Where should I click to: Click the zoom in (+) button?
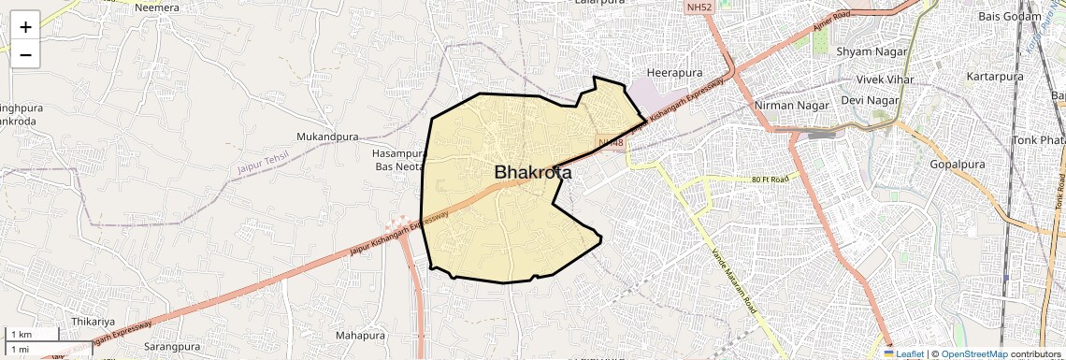[x=25, y=26]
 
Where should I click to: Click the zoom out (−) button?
[x=25, y=55]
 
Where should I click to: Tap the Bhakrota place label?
[x=533, y=172]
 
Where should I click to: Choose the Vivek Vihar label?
[x=877, y=79]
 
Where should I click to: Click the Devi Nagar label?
[x=870, y=100]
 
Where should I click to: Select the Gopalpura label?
[x=959, y=165]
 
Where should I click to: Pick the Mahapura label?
[x=360, y=335]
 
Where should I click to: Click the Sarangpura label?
[x=174, y=347]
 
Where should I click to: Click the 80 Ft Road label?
[x=770, y=179]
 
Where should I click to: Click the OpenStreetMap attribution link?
[x=974, y=353]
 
